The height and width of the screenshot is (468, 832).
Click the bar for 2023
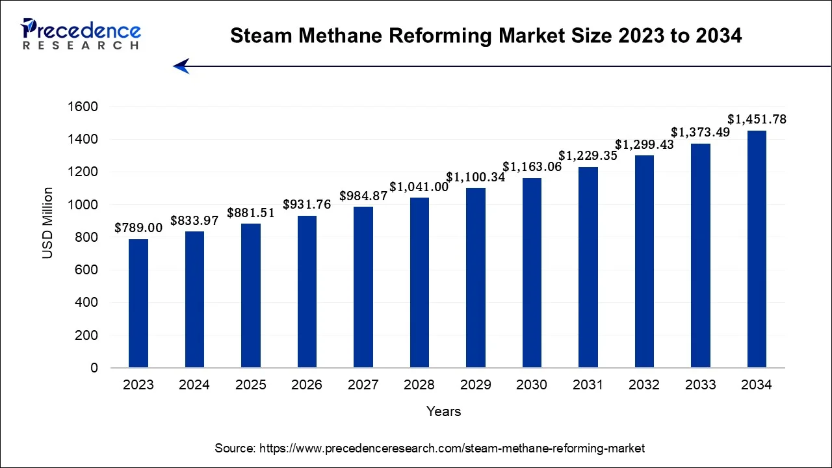pos(138,304)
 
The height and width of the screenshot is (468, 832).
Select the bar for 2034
pos(757,249)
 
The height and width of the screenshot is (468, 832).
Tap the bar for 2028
pos(419,283)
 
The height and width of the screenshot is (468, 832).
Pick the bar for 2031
pos(588,267)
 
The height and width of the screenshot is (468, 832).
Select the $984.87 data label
pos(363,196)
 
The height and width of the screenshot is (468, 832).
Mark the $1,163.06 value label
pos(532,167)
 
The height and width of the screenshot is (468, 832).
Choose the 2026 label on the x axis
pos(307,385)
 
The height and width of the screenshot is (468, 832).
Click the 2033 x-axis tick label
pos(700,385)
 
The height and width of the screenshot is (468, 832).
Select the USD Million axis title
pos(48,223)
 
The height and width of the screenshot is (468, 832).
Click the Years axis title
pos(444,411)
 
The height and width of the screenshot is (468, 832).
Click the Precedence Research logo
pos(81,34)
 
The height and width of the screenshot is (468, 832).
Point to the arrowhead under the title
pos(181,66)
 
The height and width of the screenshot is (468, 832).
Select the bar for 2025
pos(251,296)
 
